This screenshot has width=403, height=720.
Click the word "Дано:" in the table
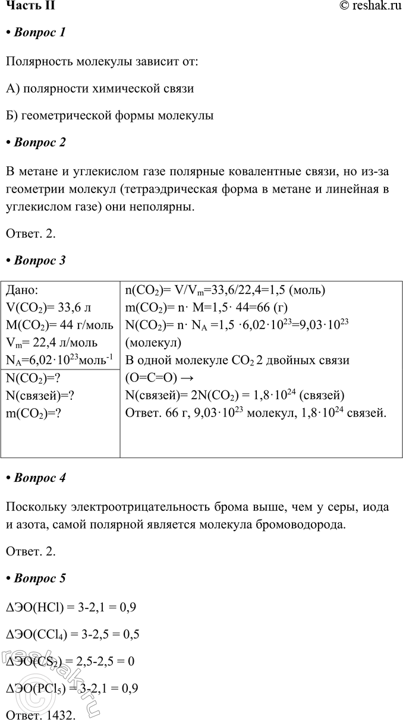(22, 290)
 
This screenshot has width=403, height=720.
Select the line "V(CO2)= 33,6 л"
(48, 308)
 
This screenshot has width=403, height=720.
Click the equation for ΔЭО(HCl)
(71, 608)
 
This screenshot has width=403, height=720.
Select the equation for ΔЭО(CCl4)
(72, 634)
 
